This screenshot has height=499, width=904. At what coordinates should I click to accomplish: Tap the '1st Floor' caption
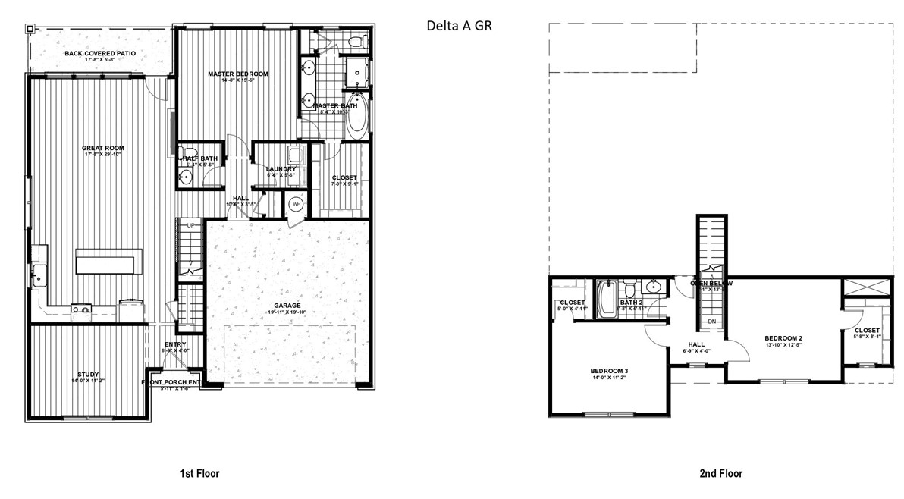[199, 474]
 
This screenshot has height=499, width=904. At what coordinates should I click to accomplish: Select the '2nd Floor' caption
[720, 474]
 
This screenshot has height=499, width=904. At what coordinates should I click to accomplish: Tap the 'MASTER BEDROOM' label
[238, 74]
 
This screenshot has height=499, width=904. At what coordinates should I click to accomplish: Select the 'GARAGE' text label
[287, 306]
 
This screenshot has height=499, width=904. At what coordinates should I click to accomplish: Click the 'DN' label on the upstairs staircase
[712, 322]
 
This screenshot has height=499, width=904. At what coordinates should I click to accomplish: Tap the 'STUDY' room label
[89, 374]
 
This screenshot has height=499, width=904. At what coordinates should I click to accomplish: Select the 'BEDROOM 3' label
[609, 371]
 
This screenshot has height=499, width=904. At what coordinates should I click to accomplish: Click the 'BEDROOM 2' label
[783, 337]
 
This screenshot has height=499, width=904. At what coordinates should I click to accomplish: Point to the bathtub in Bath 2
[605, 300]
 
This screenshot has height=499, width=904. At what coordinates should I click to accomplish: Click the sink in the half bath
[186, 178]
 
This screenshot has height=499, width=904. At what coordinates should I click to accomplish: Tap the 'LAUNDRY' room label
[276, 169]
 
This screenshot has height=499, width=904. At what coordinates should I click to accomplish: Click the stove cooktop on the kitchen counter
[80, 308]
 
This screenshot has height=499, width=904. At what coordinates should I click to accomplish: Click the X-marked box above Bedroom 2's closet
[868, 288]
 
